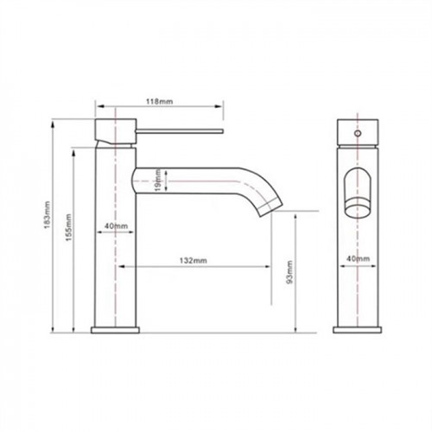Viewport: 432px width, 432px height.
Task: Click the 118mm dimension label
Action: point(159,101)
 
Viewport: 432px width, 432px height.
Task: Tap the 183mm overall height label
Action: point(48,215)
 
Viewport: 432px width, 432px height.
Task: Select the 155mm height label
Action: point(68,227)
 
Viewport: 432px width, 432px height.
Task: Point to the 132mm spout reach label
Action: point(194,260)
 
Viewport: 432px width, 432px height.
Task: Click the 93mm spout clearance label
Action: point(289,272)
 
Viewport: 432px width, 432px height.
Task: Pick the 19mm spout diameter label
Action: point(157,181)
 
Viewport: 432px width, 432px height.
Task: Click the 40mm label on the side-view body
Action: point(116,226)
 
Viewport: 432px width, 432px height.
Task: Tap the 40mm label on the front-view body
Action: point(358,258)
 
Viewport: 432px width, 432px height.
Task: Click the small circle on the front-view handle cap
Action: point(358,133)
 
